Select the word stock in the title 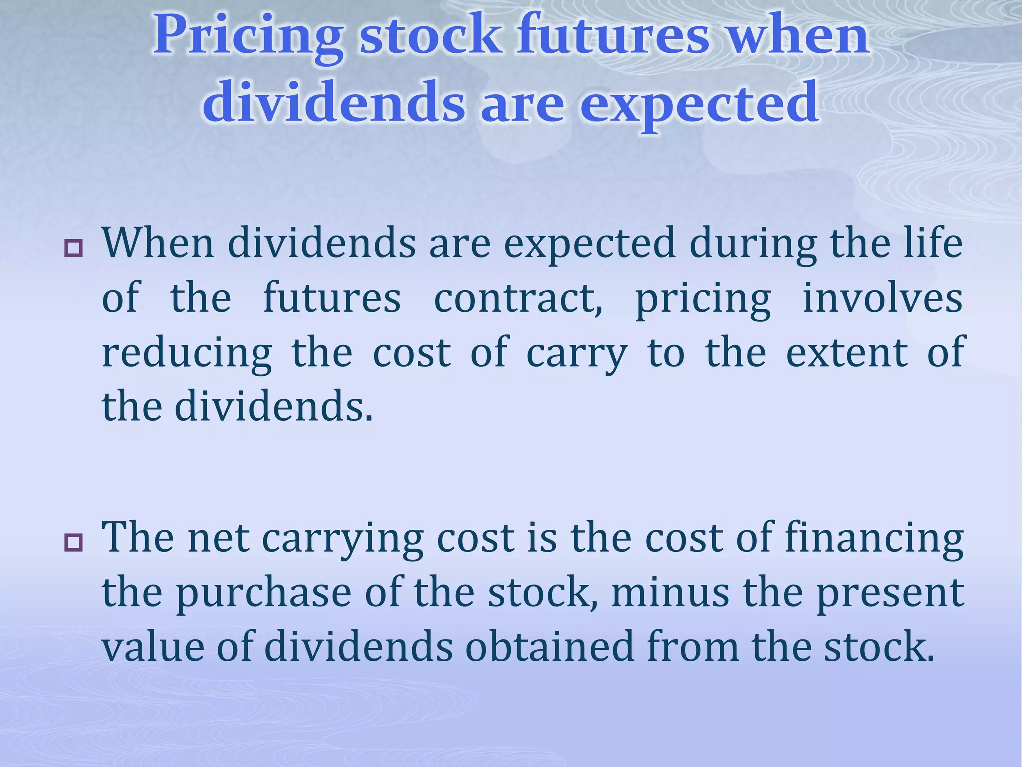click(x=430, y=36)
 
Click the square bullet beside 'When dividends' click(x=73, y=248)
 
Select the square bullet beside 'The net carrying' click(x=73, y=543)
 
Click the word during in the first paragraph click(x=753, y=244)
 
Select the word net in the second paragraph click(x=218, y=539)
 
